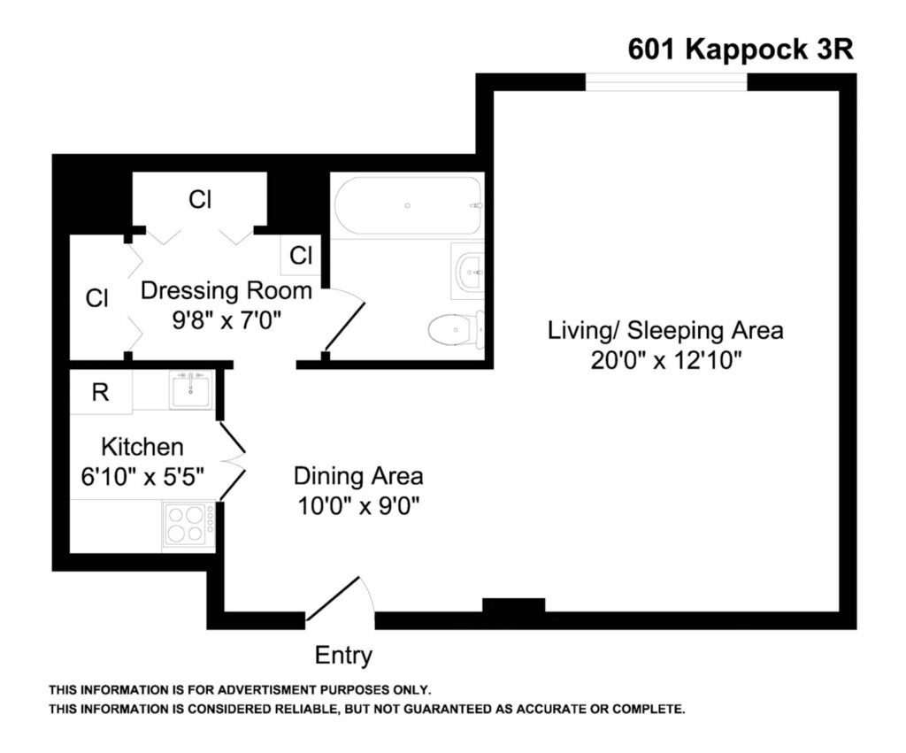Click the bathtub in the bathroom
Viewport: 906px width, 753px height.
[x=407, y=205]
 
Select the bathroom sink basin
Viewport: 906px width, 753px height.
[x=469, y=271]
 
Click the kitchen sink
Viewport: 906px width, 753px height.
[x=191, y=390]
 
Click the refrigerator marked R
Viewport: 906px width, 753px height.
[x=101, y=392]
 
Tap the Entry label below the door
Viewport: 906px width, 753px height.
[x=343, y=656]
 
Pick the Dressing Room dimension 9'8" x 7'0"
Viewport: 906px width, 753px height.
[x=226, y=319]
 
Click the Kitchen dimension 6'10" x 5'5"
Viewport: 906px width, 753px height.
[x=142, y=477]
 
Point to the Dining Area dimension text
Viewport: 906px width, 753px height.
[x=358, y=505]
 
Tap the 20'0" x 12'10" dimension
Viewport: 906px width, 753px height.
[x=665, y=361]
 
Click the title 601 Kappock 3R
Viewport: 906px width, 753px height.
[x=741, y=50]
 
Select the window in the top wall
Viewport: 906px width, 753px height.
[x=667, y=82]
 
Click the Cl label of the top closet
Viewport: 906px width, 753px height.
[x=200, y=199]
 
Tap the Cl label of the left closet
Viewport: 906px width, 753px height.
[x=96, y=298]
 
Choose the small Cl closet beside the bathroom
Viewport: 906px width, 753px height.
[x=301, y=255]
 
